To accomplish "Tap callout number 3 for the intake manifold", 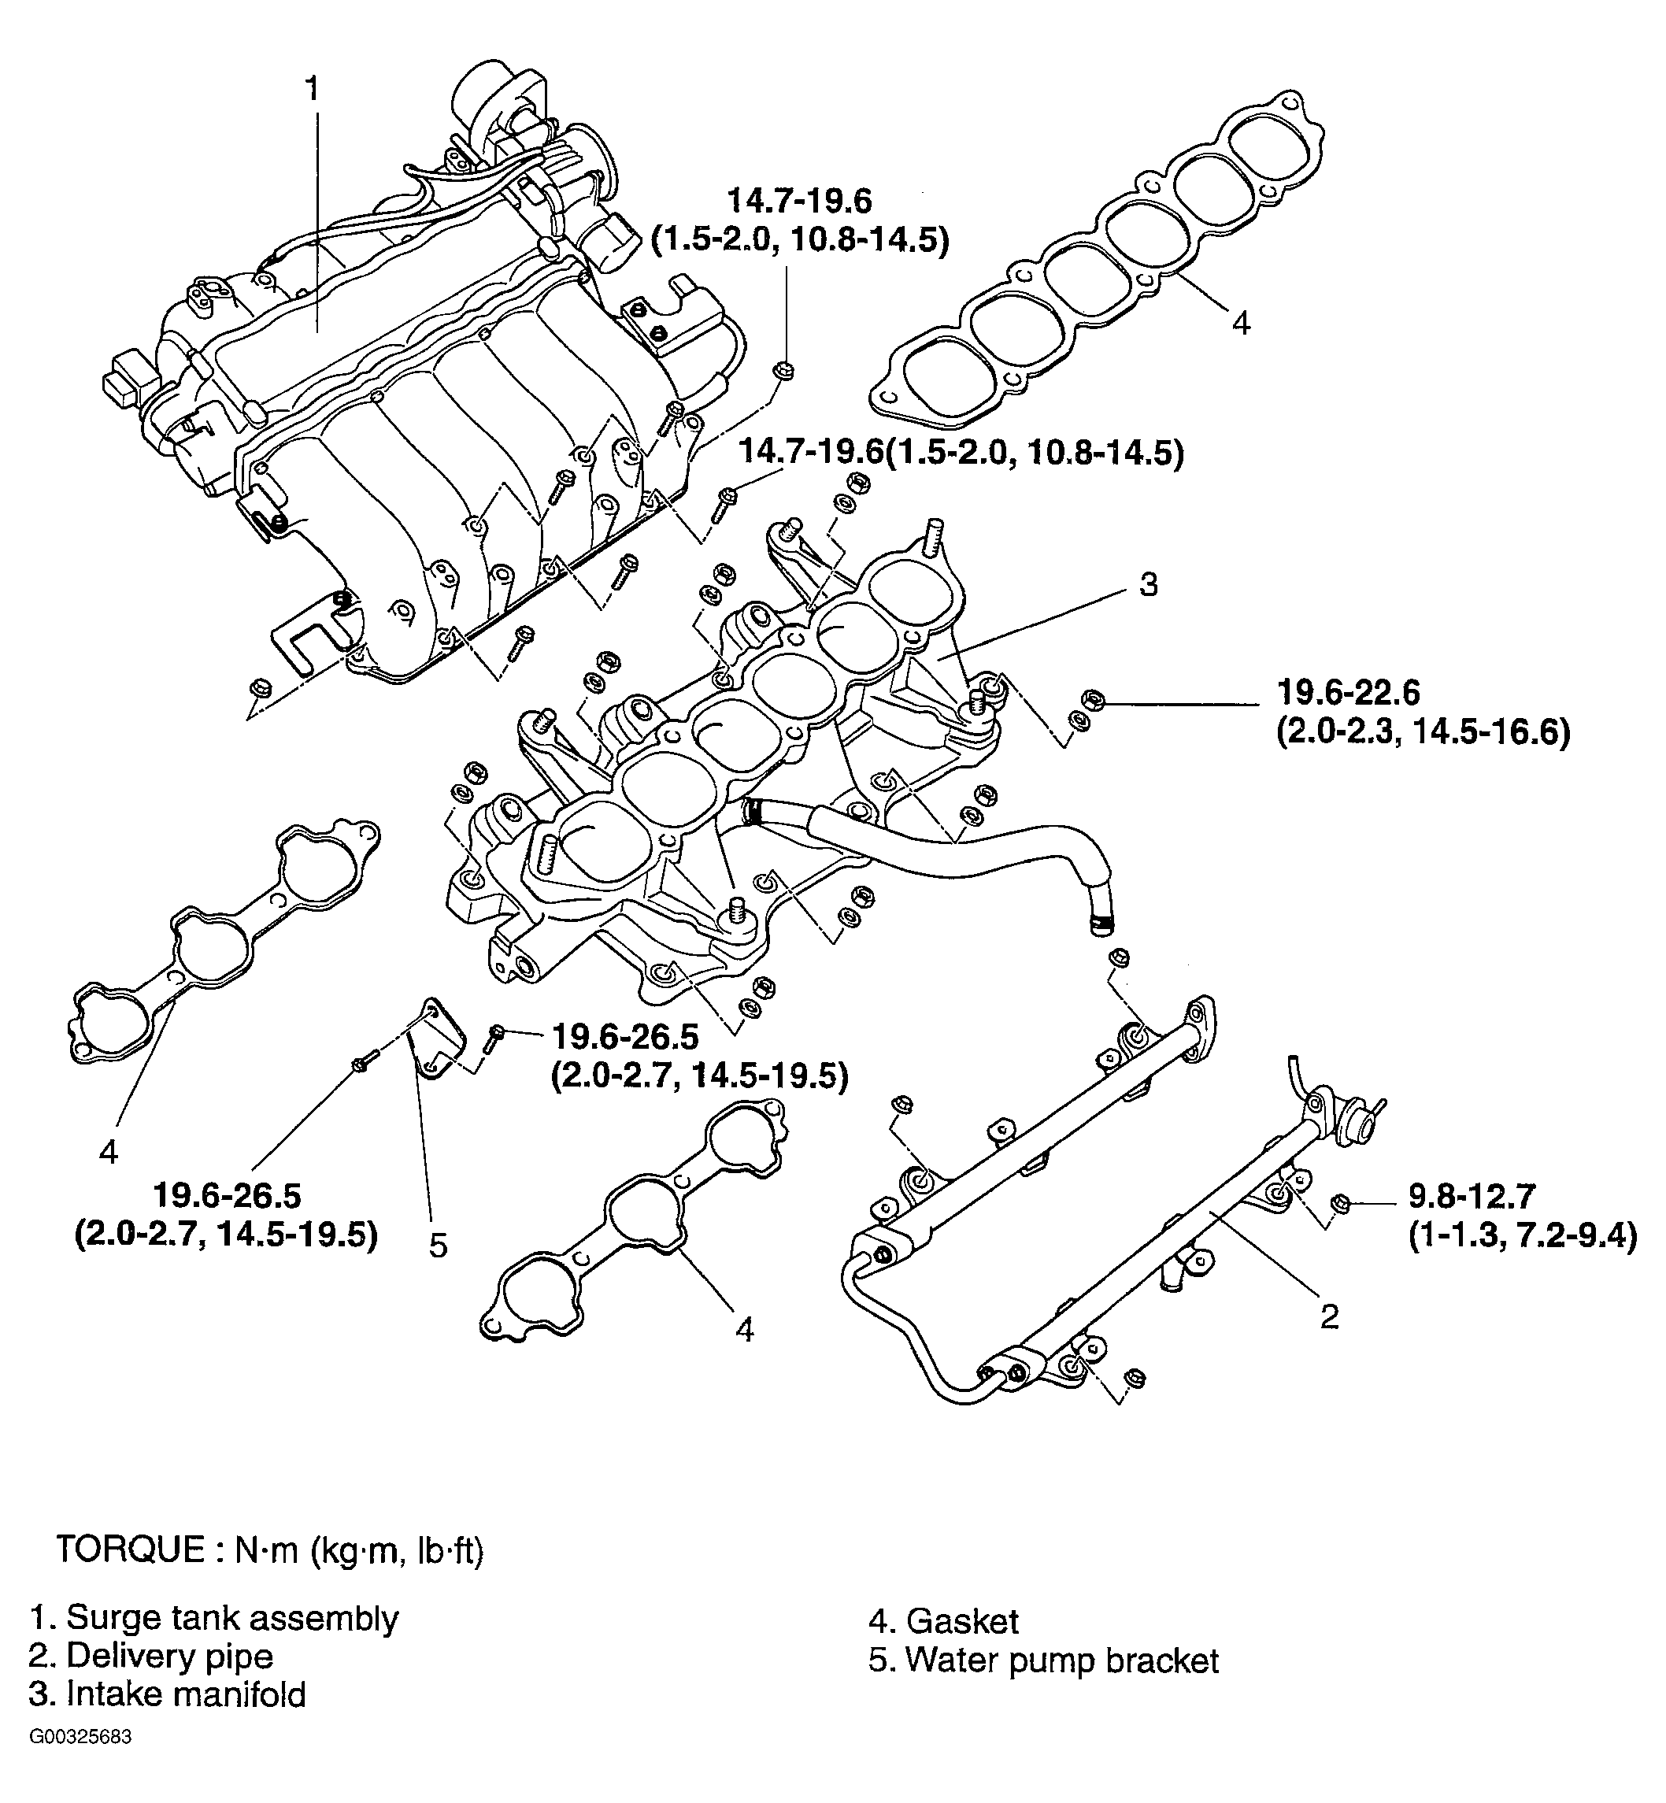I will (x=1148, y=584).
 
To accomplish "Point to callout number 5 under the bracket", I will (x=438, y=1246).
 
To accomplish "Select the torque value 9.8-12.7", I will (x=1471, y=1196).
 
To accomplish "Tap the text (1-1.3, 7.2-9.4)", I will (x=1522, y=1236).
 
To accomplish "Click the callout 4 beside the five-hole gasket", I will (x=1241, y=322).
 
